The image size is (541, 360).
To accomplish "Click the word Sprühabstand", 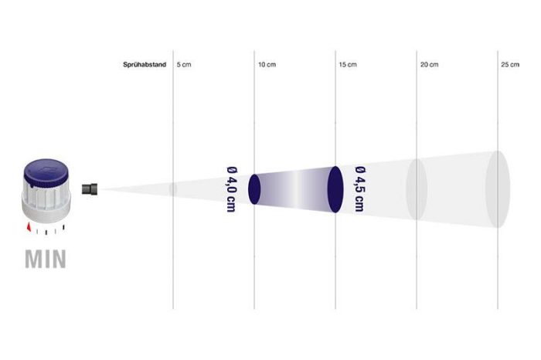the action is coord(145,64).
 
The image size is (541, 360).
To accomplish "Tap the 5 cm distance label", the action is coord(184,64).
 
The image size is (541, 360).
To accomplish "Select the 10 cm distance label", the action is coord(267,64).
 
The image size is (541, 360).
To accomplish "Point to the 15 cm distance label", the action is coord(348,64).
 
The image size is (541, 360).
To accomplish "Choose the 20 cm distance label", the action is coord(429,64).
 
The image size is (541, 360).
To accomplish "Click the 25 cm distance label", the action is coord(510,64).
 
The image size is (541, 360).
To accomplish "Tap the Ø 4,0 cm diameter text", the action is coord(232,189).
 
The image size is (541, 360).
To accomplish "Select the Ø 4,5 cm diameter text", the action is coord(360,189).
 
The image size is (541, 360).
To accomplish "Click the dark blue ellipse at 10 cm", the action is coord(254,189).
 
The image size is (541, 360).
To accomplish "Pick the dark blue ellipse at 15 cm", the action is coord(335,189).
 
